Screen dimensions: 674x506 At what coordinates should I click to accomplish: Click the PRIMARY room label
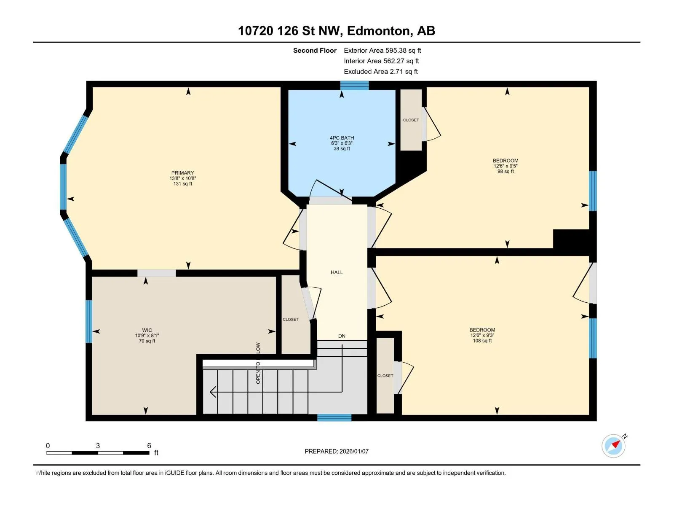183,173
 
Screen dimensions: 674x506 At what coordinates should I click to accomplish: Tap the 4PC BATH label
342,138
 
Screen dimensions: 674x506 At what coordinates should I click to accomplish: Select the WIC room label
147,330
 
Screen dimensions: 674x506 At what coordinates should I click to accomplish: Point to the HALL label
337,272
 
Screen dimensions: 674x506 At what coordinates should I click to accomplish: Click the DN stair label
342,336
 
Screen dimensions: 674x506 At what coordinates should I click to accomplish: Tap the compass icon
614,446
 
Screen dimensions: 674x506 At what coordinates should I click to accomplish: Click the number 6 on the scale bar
149,445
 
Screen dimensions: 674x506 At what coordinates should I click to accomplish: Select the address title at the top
337,31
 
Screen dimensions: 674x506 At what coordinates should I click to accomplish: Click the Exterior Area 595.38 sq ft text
382,50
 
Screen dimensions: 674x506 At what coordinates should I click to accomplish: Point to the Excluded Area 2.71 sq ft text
381,72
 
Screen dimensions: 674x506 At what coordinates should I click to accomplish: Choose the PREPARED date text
337,451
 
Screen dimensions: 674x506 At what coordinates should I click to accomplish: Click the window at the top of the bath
354,86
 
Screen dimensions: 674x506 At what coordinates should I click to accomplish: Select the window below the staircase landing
334,417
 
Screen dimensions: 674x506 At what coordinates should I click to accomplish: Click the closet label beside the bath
411,120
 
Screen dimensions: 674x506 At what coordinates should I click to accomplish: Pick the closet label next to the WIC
291,320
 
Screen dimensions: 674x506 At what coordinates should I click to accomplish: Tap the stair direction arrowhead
213,392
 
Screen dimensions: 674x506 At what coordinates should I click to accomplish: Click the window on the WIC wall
89,321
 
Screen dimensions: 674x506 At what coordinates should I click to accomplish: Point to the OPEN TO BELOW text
258,363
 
